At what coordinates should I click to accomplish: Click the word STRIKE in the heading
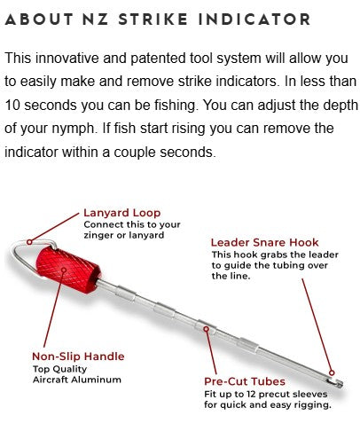point(153,20)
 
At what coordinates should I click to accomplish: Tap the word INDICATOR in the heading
point(254,20)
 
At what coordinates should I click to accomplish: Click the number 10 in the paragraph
point(12,105)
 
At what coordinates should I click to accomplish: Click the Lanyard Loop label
point(122,213)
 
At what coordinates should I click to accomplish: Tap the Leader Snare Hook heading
point(264,242)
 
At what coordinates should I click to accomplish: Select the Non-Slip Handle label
point(78,357)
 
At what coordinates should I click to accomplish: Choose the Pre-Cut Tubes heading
point(245,381)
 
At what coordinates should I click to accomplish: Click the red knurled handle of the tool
point(68,270)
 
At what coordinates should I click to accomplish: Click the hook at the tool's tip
point(335,382)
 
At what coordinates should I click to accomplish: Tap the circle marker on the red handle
point(64,270)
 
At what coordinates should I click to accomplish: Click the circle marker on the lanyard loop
point(29,242)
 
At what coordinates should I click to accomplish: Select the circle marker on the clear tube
point(207,329)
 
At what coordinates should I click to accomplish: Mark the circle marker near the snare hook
point(332,372)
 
